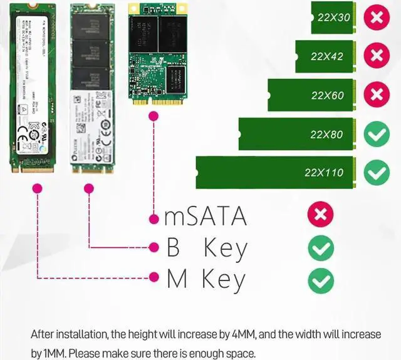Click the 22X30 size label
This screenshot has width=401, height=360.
pos(334,18)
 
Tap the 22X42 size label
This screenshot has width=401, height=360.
pos(327,56)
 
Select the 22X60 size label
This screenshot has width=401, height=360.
pos(327,96)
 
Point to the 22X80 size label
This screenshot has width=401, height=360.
pos(327,135)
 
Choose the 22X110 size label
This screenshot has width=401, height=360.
pos(324,172)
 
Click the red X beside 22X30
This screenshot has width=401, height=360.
pos(377,18)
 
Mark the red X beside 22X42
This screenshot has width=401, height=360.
pos(377,56)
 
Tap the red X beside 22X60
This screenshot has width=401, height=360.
pos(377,95)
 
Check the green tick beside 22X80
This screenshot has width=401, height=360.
pos(377,134)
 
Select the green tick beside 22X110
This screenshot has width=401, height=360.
pos(377,172)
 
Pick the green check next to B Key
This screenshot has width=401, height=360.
pos(321,249)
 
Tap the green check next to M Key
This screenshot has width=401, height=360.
pos(321,280)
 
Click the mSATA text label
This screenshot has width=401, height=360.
pos(206,217)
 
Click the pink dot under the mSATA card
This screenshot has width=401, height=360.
pos(153,116)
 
